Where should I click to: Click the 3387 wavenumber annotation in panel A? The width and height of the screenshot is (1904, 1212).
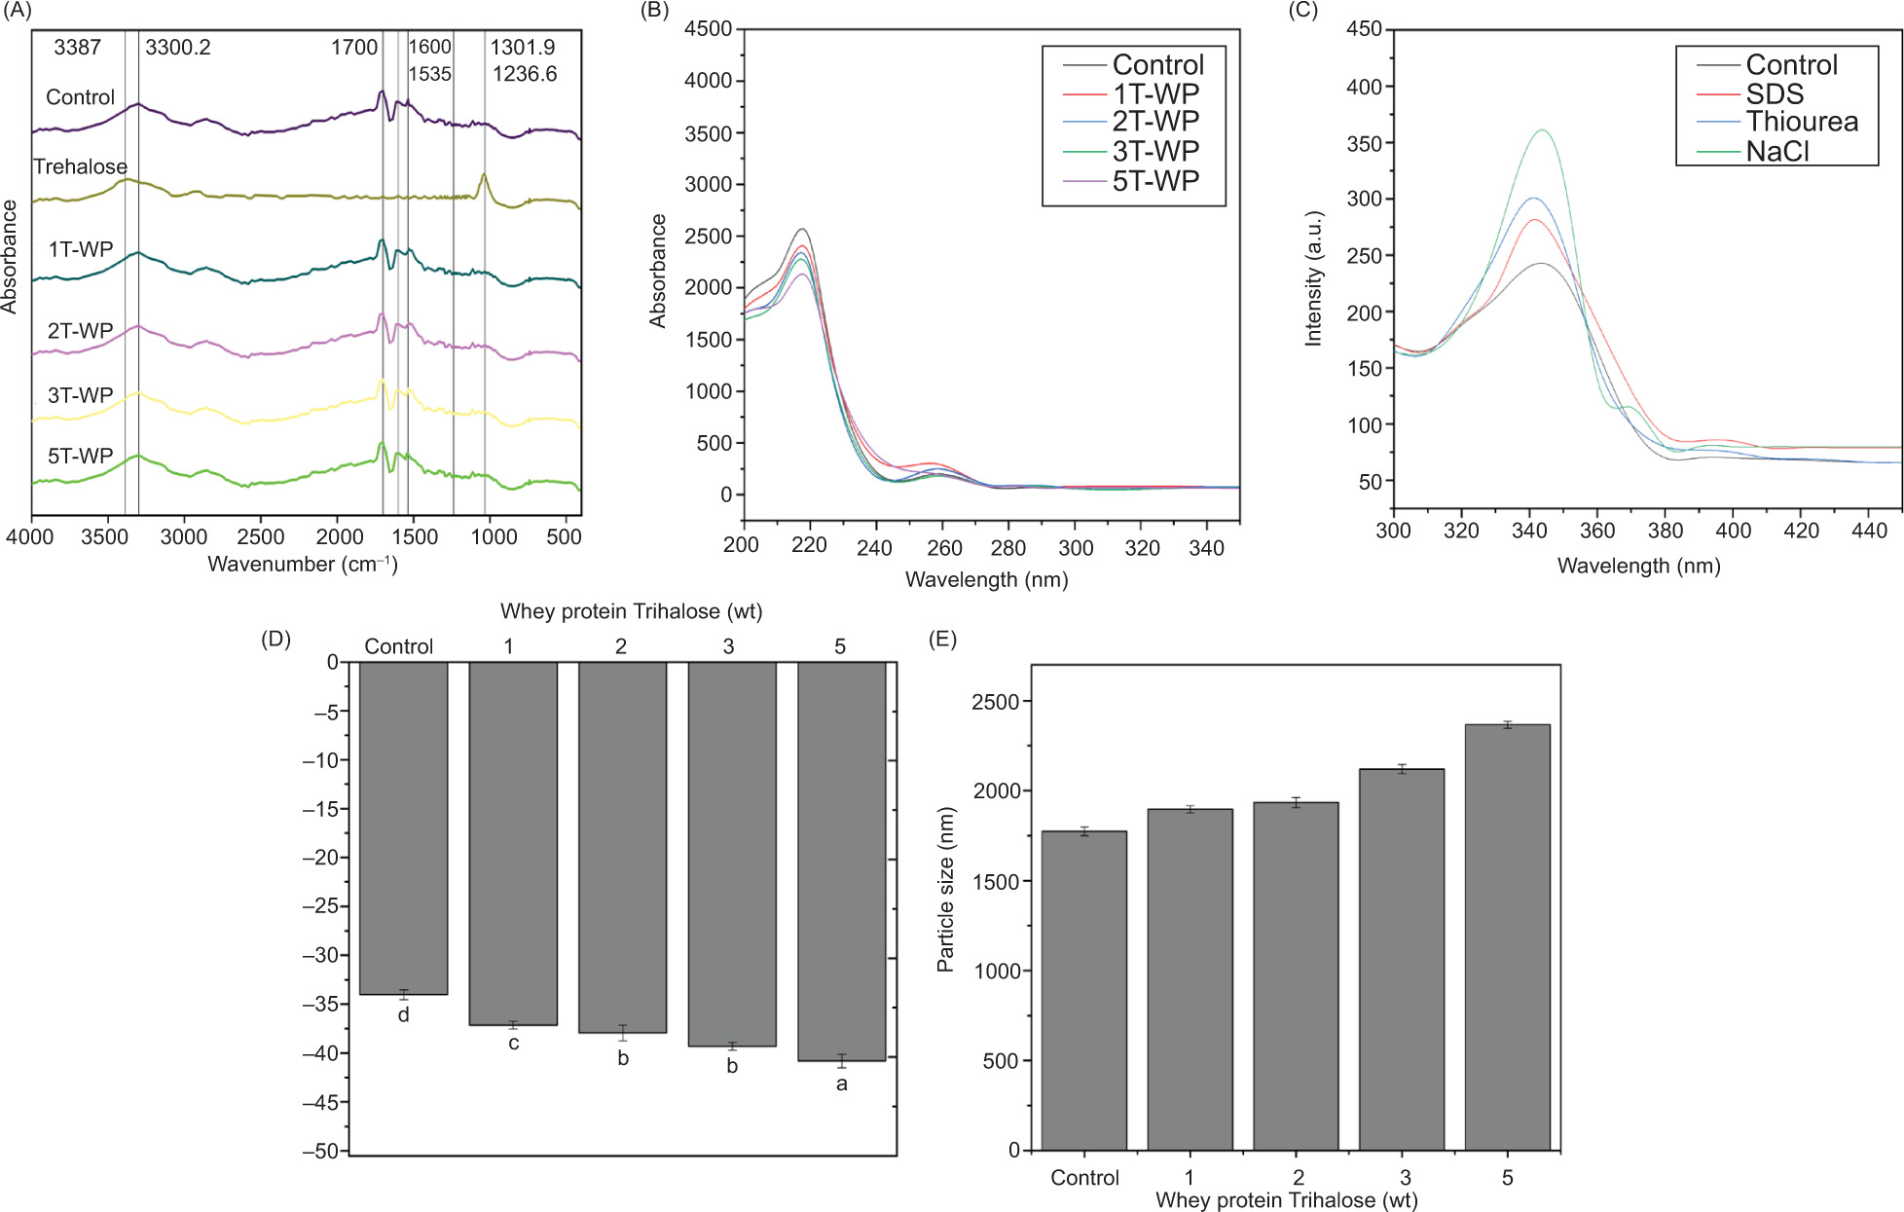pos(77,47)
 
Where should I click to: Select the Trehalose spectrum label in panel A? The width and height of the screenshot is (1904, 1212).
pos(80,166)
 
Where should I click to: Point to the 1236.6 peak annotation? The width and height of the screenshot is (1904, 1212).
pos(525,74)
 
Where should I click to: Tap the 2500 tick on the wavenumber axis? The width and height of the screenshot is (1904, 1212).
pos(261,537)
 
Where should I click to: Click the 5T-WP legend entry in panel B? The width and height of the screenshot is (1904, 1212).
pos(1155,181)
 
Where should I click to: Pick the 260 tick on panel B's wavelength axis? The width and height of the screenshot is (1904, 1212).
pos(944,548)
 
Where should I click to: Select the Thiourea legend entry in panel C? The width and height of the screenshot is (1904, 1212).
pos(1802,122)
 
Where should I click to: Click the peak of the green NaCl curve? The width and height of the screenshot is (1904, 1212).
pos(1542,129)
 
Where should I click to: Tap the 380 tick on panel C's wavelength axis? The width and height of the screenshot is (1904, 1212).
pos(1666,532)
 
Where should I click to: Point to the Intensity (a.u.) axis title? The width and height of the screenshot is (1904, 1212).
pos(1314,278)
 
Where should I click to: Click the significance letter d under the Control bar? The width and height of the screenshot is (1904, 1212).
pos(403,1015)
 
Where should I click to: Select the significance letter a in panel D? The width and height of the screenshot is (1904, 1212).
pos(842,1083)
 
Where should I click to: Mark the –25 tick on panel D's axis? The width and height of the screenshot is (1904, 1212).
pos(321,906)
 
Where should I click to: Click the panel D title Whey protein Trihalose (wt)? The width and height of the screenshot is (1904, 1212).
pos(631,611)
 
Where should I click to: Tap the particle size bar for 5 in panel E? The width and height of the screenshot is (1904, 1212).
pos(1507,937)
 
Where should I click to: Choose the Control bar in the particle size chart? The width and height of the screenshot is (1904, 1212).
pos(1083,990)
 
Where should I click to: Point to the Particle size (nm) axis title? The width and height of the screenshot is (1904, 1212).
pos(945,890)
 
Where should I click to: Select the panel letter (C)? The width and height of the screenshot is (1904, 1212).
pos(1303,11)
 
